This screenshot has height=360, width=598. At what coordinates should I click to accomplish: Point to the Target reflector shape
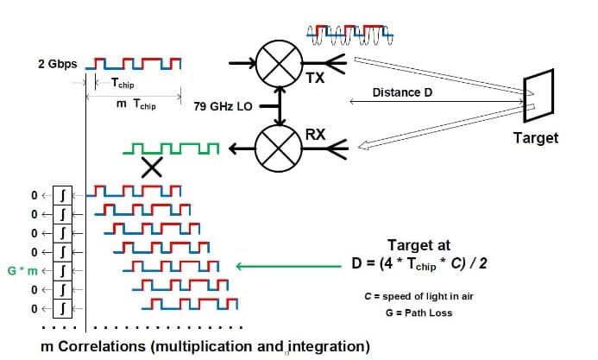[x=538, y=95]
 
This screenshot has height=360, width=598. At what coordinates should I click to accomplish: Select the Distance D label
[x=401, y=92]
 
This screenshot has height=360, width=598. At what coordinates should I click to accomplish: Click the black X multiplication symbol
[x=153, y=169]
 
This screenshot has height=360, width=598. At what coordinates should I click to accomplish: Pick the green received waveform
[x=172, y=150]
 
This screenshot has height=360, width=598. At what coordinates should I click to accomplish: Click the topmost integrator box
[x=61, y=194]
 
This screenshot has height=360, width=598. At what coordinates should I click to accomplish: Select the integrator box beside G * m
[x=61, y=270]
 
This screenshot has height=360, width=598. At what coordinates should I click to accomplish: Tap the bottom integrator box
[x=61, y=307]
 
